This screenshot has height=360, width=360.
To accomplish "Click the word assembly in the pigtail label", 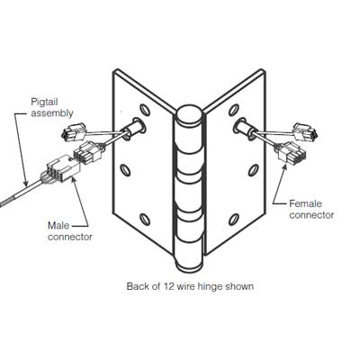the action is [52, 113].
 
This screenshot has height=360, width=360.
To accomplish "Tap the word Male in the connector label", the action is [58, 225].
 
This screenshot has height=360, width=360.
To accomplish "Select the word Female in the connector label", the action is [305, 203].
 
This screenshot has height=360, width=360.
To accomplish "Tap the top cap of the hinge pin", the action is [189, 115].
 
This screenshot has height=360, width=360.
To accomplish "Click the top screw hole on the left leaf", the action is [145, 109].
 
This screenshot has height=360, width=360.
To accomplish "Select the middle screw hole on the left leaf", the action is [125, 170].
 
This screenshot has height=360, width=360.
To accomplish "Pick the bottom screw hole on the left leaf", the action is [145, 220].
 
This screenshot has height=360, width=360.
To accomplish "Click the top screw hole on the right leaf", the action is [234, 110].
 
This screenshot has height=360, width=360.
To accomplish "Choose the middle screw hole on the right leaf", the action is [254, 170].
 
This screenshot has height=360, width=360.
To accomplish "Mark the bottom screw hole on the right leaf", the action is [234, 220].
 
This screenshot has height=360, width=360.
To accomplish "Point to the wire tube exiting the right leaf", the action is [246, 128].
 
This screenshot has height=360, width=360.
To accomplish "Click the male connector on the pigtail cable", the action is [64, 170].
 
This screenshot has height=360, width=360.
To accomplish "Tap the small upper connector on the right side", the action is [305, 131].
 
